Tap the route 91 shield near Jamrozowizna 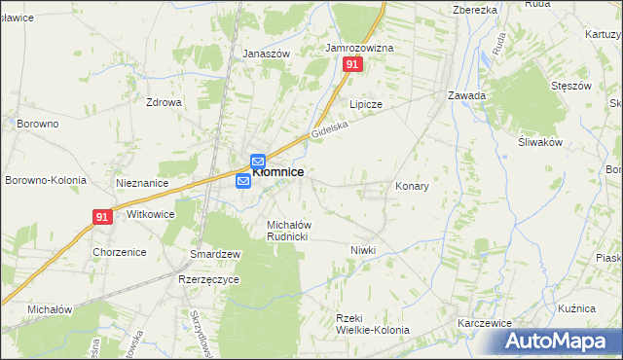click(352, 64)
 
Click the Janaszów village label click(267, 54)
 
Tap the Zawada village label click(466, 95)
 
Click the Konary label click(412, 185)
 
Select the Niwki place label click(363, 250)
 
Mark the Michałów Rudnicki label click(288, 231)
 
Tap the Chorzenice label click(119, 252)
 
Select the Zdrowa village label click(165, 101)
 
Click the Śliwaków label click(542, 141)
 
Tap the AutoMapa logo click(560, 342)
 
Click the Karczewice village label click(485, 322)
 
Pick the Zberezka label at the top click(475, 9)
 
